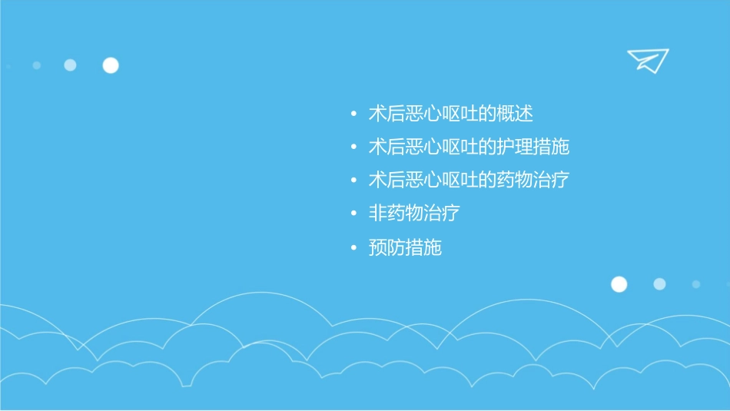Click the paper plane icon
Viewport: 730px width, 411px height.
click(647, 60)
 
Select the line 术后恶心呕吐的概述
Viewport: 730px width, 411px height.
click(450, 114)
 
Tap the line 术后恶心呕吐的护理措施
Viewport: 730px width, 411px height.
click(469, 147)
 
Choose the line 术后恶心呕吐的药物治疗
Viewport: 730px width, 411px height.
click(469, 181)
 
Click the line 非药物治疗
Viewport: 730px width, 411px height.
click(414, 214)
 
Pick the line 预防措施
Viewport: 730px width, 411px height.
click(405, 247)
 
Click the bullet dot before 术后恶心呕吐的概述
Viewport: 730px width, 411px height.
click(353, 114)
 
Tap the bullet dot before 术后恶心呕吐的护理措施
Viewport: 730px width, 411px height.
click(353, 147)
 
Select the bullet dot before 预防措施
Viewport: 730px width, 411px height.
click(353, 248)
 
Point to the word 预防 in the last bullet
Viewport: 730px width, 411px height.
click(387, 247)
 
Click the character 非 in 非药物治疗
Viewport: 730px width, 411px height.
click(377, 214)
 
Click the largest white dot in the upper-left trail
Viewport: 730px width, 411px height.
click(111, 65)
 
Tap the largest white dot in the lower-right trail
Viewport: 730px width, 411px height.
click(619, 284)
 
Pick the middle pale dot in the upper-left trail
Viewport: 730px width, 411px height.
click(70, 65)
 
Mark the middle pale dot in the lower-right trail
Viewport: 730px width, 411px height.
click(659, 284)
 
